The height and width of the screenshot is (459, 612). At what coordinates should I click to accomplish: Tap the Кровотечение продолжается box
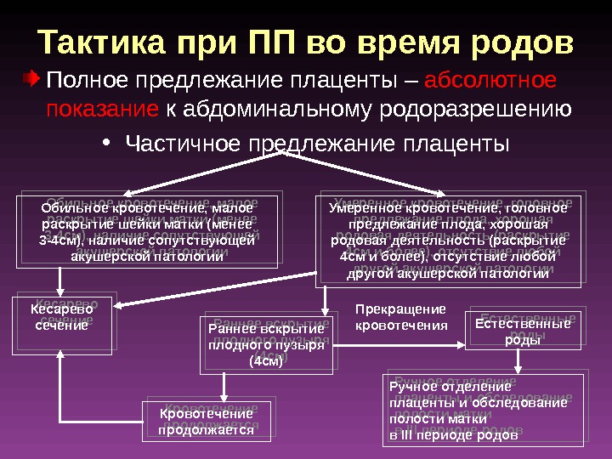[x=206, y=422]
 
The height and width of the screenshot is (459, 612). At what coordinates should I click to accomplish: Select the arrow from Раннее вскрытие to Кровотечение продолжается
[x=224, y=387]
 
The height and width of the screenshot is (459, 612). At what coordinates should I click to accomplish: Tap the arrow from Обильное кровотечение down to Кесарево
[x=59, y=281]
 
